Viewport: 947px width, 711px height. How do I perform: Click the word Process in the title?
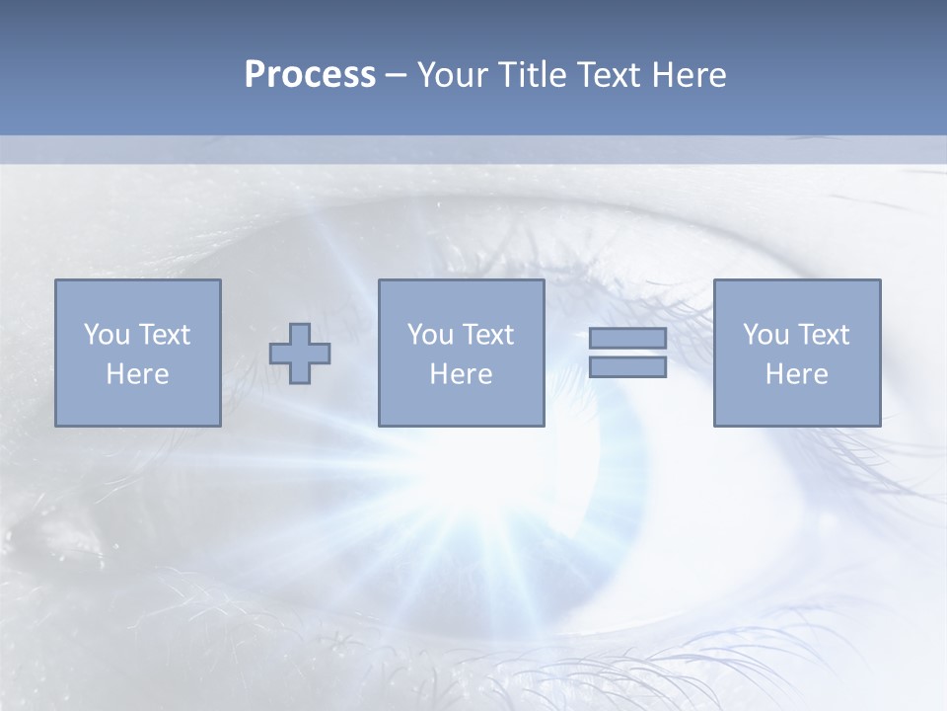[310, 75]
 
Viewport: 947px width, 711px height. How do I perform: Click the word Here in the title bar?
[690, 75]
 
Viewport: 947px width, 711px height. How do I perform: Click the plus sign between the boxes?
[300, 354]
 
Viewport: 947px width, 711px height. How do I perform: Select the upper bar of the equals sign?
[627, 339]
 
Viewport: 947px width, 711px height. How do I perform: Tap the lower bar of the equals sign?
[627, 367]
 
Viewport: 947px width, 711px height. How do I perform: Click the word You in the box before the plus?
[106, 335]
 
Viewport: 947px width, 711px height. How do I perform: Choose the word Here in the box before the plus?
[137, 374]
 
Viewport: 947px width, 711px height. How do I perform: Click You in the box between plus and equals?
[429, 335]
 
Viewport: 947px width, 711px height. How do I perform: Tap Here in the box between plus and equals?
[461, 374]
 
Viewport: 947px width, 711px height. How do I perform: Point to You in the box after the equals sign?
[765, 335]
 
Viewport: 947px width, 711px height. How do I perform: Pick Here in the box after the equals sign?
[796, 374]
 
